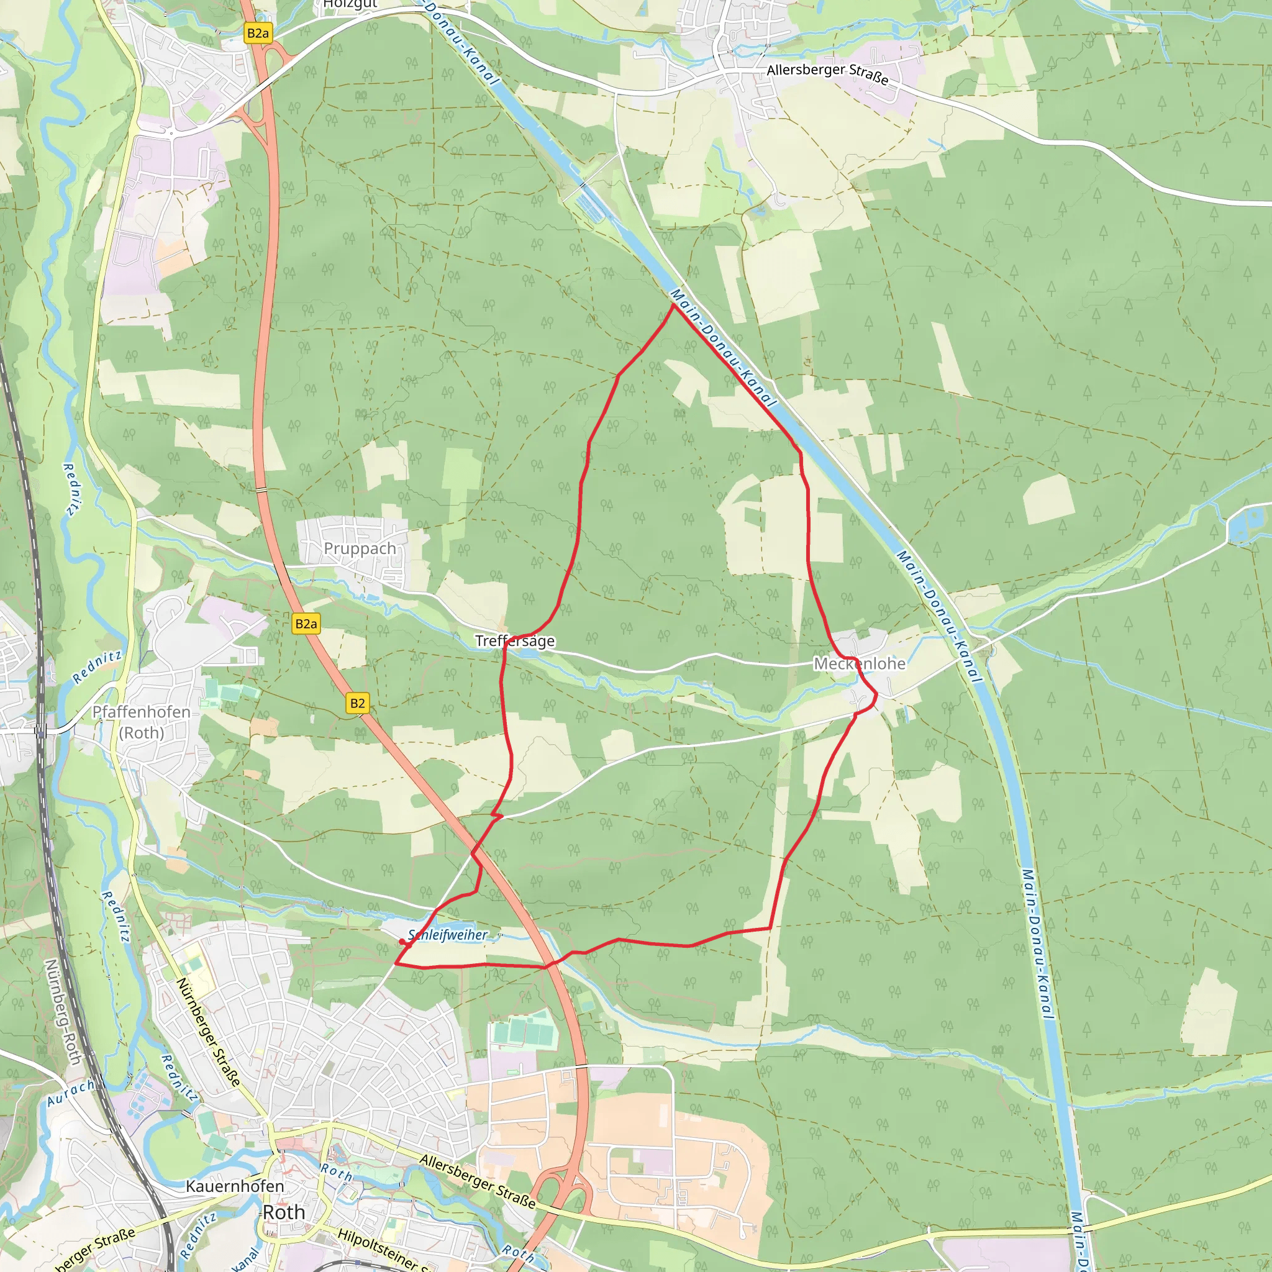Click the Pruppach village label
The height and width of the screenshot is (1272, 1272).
click(360, 548)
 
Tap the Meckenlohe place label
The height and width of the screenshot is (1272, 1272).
click(859, 664)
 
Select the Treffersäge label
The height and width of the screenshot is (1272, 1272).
click(515, 640)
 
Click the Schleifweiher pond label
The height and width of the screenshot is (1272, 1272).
click(448, 935)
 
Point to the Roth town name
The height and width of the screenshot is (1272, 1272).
click(284, 1212)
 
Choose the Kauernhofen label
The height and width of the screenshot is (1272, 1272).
click(235, 1186)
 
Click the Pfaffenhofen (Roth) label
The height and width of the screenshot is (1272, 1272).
click(141, 722)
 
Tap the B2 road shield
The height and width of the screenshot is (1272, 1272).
click(357, 703)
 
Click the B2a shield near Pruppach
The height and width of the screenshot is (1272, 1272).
click(306, 624)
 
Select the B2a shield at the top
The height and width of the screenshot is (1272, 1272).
click(257, 34)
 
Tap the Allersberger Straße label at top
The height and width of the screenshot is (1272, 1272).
click(827, 74)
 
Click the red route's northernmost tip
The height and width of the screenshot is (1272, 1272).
click(672, 304)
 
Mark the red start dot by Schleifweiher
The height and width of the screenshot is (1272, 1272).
click(402, 942)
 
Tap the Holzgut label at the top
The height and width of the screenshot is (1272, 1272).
click(350, 4)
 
